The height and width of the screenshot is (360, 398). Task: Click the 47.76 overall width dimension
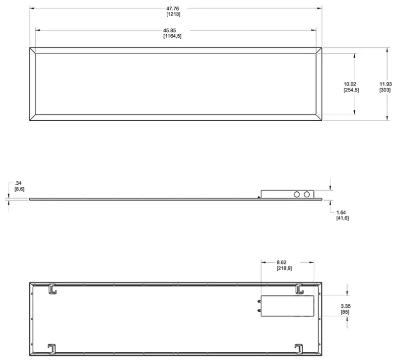point(173,8)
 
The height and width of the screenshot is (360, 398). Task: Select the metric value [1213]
point(173,14)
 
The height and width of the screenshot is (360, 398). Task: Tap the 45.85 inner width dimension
point(172,30)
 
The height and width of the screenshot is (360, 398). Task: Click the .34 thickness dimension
point(18,183)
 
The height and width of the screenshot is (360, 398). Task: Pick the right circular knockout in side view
point(308,194)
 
